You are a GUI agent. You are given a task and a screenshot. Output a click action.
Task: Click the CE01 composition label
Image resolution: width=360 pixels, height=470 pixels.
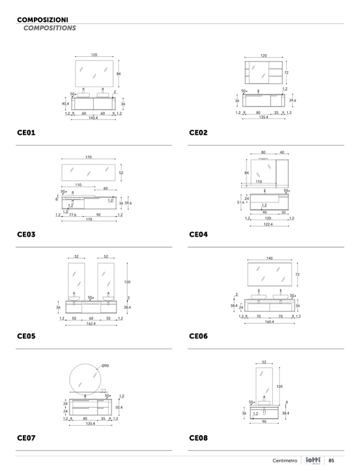(x=26, y=133)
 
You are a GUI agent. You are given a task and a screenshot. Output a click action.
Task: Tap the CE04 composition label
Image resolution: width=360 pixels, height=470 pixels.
(x=198, y=235)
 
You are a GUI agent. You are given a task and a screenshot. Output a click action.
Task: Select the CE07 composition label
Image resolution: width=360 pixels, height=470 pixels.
(x=26, y=438)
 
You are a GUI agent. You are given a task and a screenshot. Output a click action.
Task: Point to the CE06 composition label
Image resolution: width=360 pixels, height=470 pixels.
(x=198, y=336)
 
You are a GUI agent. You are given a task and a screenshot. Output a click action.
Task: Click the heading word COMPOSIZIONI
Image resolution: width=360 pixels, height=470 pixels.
(x=42, y=20)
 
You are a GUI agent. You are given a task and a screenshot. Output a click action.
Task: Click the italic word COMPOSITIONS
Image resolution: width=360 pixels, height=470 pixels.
(x=49, y=28)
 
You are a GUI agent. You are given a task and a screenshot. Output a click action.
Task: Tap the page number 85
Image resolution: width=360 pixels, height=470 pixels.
(x=332, y=460)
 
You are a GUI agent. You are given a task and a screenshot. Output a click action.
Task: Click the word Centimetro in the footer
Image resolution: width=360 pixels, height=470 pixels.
(x=284, y=460)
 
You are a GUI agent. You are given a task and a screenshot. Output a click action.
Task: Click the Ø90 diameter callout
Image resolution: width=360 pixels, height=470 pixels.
(x=105, y=365)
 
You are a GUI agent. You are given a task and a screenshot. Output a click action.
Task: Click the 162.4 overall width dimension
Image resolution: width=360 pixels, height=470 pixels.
(x=90, y=323)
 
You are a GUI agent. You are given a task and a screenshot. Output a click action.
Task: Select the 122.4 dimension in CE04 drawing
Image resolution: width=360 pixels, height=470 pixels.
(x=268, y=224)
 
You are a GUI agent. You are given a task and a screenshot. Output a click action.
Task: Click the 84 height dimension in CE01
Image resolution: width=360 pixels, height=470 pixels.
(x=118, y=73)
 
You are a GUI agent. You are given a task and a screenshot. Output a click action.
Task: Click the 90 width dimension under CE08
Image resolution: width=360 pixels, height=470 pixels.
(x=264, y=421)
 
